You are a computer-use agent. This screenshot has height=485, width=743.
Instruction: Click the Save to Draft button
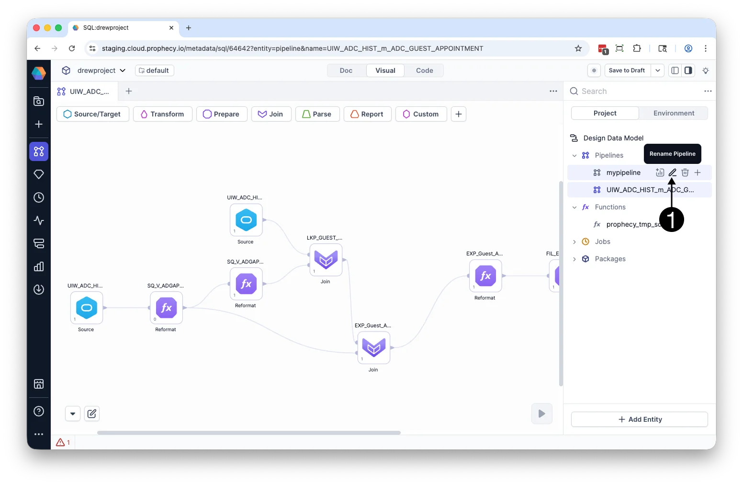point(627,70)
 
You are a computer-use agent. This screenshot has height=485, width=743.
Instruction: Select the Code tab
point(424,70)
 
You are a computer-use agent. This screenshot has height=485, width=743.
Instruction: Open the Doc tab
point(346,70)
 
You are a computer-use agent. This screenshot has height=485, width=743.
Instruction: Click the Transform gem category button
point(163,114)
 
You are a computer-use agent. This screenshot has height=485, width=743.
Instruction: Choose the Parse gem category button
point(317,114)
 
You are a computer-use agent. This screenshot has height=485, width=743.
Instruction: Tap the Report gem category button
point(367,114)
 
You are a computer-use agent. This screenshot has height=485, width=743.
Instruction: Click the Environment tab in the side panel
point(673,113)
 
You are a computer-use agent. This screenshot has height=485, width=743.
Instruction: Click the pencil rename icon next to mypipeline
point(672,172)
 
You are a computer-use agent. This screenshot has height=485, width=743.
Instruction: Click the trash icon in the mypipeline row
point(685,172)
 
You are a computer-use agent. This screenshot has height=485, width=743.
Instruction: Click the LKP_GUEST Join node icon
point(326,260)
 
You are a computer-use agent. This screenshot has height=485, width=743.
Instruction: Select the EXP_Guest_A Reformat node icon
point(485,276)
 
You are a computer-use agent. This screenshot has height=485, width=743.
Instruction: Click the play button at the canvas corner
point(541,413)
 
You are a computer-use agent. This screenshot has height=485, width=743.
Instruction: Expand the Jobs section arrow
point(574,242)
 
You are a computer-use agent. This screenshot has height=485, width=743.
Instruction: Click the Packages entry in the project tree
point(610,259)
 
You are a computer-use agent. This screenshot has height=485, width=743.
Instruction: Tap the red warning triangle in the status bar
point(60,442)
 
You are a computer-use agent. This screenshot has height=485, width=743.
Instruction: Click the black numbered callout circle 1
point(671,219)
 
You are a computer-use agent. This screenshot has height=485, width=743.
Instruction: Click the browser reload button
point(72,48)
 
